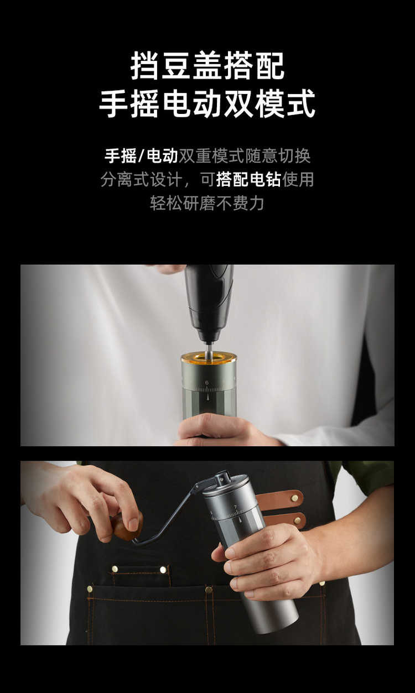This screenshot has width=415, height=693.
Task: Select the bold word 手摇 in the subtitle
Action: [121, 156]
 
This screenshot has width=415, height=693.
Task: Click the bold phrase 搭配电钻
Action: [248, 179]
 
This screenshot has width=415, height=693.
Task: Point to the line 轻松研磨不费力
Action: [207, 204]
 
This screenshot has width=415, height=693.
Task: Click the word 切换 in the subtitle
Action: [294, 156]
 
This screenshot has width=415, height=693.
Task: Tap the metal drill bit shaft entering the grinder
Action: [210, 351]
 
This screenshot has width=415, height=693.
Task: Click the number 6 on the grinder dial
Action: [207, 383]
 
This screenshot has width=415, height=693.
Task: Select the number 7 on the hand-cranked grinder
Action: [236, 507]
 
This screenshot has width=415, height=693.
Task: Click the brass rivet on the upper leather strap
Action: [294, 498]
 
